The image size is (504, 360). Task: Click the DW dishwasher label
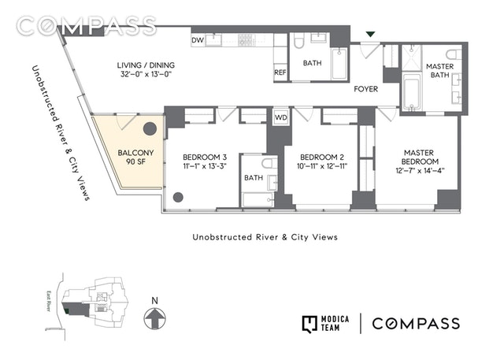[x=197, y=39]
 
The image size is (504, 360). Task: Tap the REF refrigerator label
[x=280, y=72]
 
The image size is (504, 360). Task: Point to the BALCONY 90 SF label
[x=130, y=156]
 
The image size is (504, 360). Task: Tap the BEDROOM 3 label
[x=197, y=161]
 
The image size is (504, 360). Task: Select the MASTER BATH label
[x=439, y=72]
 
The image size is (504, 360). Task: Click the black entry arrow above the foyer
[x=370, y=34]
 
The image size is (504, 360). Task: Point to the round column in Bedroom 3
[x=179, y=197]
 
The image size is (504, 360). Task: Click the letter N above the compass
[x=156, y=300]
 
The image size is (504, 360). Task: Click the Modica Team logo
[x=326, y=324]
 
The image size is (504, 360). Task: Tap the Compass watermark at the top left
[x=87, y=25]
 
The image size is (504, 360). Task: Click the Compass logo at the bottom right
[x=415, y=324]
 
